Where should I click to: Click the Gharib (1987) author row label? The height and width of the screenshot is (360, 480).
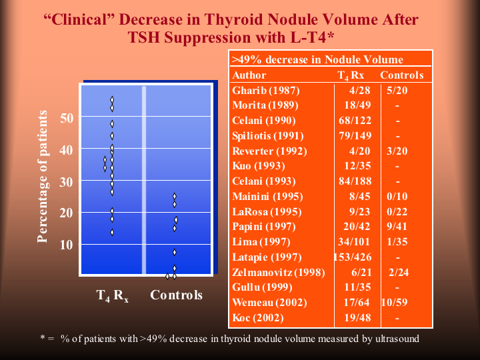[x=257, y=90]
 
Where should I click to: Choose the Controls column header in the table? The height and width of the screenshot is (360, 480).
[x=401, y=75]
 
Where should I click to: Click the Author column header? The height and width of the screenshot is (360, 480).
[x=249, y=75]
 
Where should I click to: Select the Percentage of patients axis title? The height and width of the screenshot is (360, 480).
[x=43, y=177]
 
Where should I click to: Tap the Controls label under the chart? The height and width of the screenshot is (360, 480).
[x=176, y=295]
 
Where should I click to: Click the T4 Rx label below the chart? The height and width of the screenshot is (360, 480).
[x=112, y=295]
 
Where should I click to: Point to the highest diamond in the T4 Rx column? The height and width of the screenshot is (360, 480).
[x=112, y=100]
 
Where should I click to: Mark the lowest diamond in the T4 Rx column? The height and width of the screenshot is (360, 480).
[x=112, y=232]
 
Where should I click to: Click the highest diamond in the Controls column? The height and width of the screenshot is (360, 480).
[x=175, y=197]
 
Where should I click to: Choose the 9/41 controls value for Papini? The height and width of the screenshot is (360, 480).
[x=397, y=227]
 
